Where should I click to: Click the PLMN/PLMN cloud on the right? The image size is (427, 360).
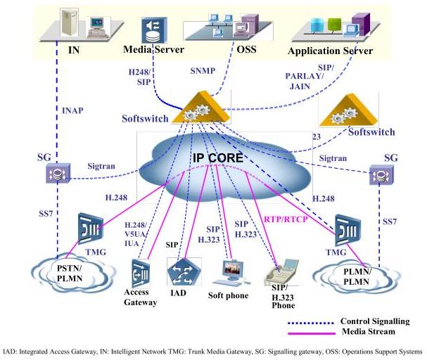click(x=360, y=274)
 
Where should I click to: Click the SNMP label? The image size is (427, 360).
click(x=205, y=71)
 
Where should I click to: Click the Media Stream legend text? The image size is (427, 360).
click(x=367, y=331)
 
